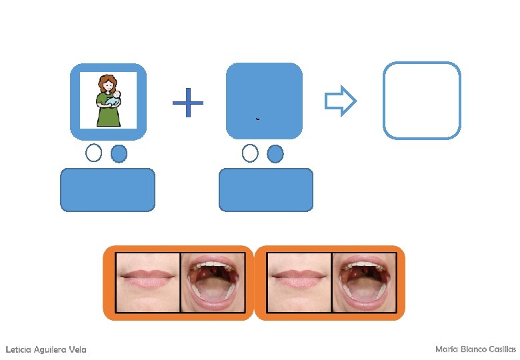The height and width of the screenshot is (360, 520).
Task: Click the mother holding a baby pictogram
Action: click(108, 101)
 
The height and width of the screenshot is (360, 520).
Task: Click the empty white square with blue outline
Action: click(421, 101)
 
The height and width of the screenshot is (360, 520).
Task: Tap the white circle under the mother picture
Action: click(94, 153)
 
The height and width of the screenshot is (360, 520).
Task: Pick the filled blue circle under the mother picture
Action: click(118, 153)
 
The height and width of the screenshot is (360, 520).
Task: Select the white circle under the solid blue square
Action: click(250, 153)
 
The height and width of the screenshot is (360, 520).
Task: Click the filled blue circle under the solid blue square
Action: click(275, 154)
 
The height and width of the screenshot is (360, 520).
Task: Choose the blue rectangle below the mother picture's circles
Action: click(107, 190)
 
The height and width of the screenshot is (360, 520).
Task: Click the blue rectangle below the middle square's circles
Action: click(265, 190)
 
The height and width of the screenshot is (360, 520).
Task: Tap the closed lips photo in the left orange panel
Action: click(148, 283)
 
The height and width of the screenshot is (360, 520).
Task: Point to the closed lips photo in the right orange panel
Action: click(299, 283)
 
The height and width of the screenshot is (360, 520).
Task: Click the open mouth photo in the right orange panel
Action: click(364, 283)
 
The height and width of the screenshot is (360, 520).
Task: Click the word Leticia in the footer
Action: click(18, 350)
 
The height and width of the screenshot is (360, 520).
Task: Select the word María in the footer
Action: click(445, 349)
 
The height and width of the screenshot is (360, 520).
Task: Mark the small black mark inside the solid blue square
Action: click(257, 119)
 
